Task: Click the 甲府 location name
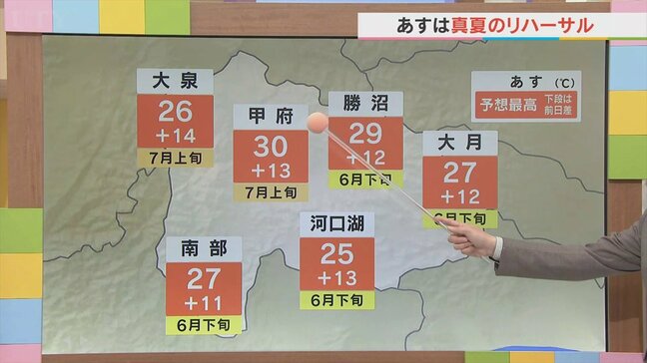271,116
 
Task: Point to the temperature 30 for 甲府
271,146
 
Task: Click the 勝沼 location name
366,104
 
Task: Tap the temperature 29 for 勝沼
366,133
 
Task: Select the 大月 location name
459,144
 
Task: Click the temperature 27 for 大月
459,171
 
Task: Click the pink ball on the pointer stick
318,124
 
